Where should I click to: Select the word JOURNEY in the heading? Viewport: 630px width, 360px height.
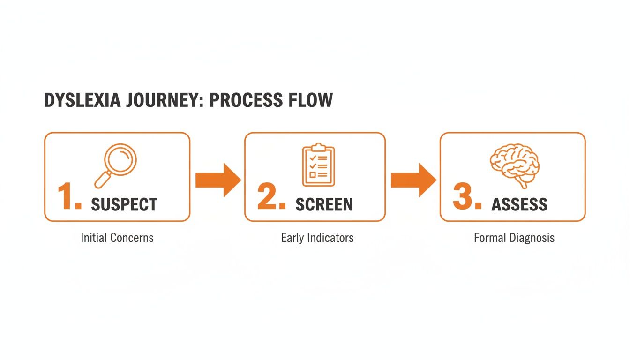click(x=160, y=101)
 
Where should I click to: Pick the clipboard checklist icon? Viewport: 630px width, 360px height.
click(x=319, y=165)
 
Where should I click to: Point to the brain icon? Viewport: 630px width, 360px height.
click(x=515, y=165)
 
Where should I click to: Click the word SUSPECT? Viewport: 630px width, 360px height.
click(x=124, y=204)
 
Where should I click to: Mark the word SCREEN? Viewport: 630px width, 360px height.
click(x=324, y=204)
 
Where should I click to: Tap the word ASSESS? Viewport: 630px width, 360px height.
click(x=519, y=204)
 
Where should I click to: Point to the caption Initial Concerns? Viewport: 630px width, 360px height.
click(x=117, y=238)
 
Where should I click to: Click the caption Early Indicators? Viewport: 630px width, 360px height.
click(x=317, y=238)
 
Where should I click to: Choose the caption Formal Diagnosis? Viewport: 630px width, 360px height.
click(x=514, y=238)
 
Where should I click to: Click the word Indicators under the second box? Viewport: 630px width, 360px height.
click(x=330, y=238)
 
